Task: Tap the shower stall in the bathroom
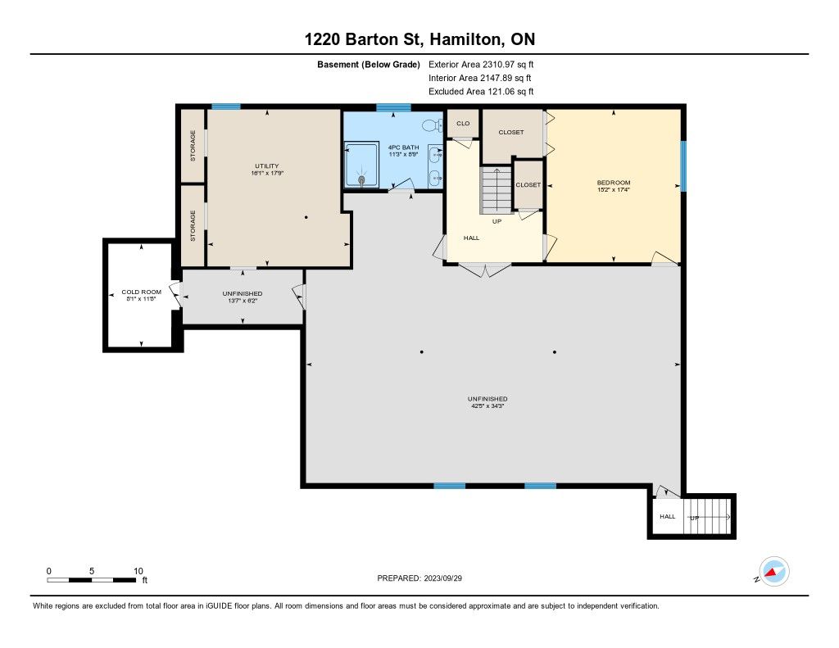pos(361,165)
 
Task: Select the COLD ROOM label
pos(141,292)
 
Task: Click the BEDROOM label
pos(614,183)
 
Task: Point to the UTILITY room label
pos(267,165)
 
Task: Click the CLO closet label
pos(463,123)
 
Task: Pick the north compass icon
pos(773,572)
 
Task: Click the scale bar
pos(91,579)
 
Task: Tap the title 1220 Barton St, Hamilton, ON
pos(419,39)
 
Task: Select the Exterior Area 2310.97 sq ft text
pos(481,64)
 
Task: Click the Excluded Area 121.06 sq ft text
pos(481,92)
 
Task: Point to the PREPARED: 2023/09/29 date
pos(419,578)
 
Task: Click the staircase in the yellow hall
pos(496,190)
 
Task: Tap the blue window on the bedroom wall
pos(683,165)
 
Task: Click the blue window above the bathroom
pos(393,107)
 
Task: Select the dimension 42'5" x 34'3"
pos(487,406)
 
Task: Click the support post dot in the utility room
pos(306,217)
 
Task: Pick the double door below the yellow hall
pos(485,270)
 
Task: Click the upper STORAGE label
pos(193,146)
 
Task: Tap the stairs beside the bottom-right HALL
pos(707,516)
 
